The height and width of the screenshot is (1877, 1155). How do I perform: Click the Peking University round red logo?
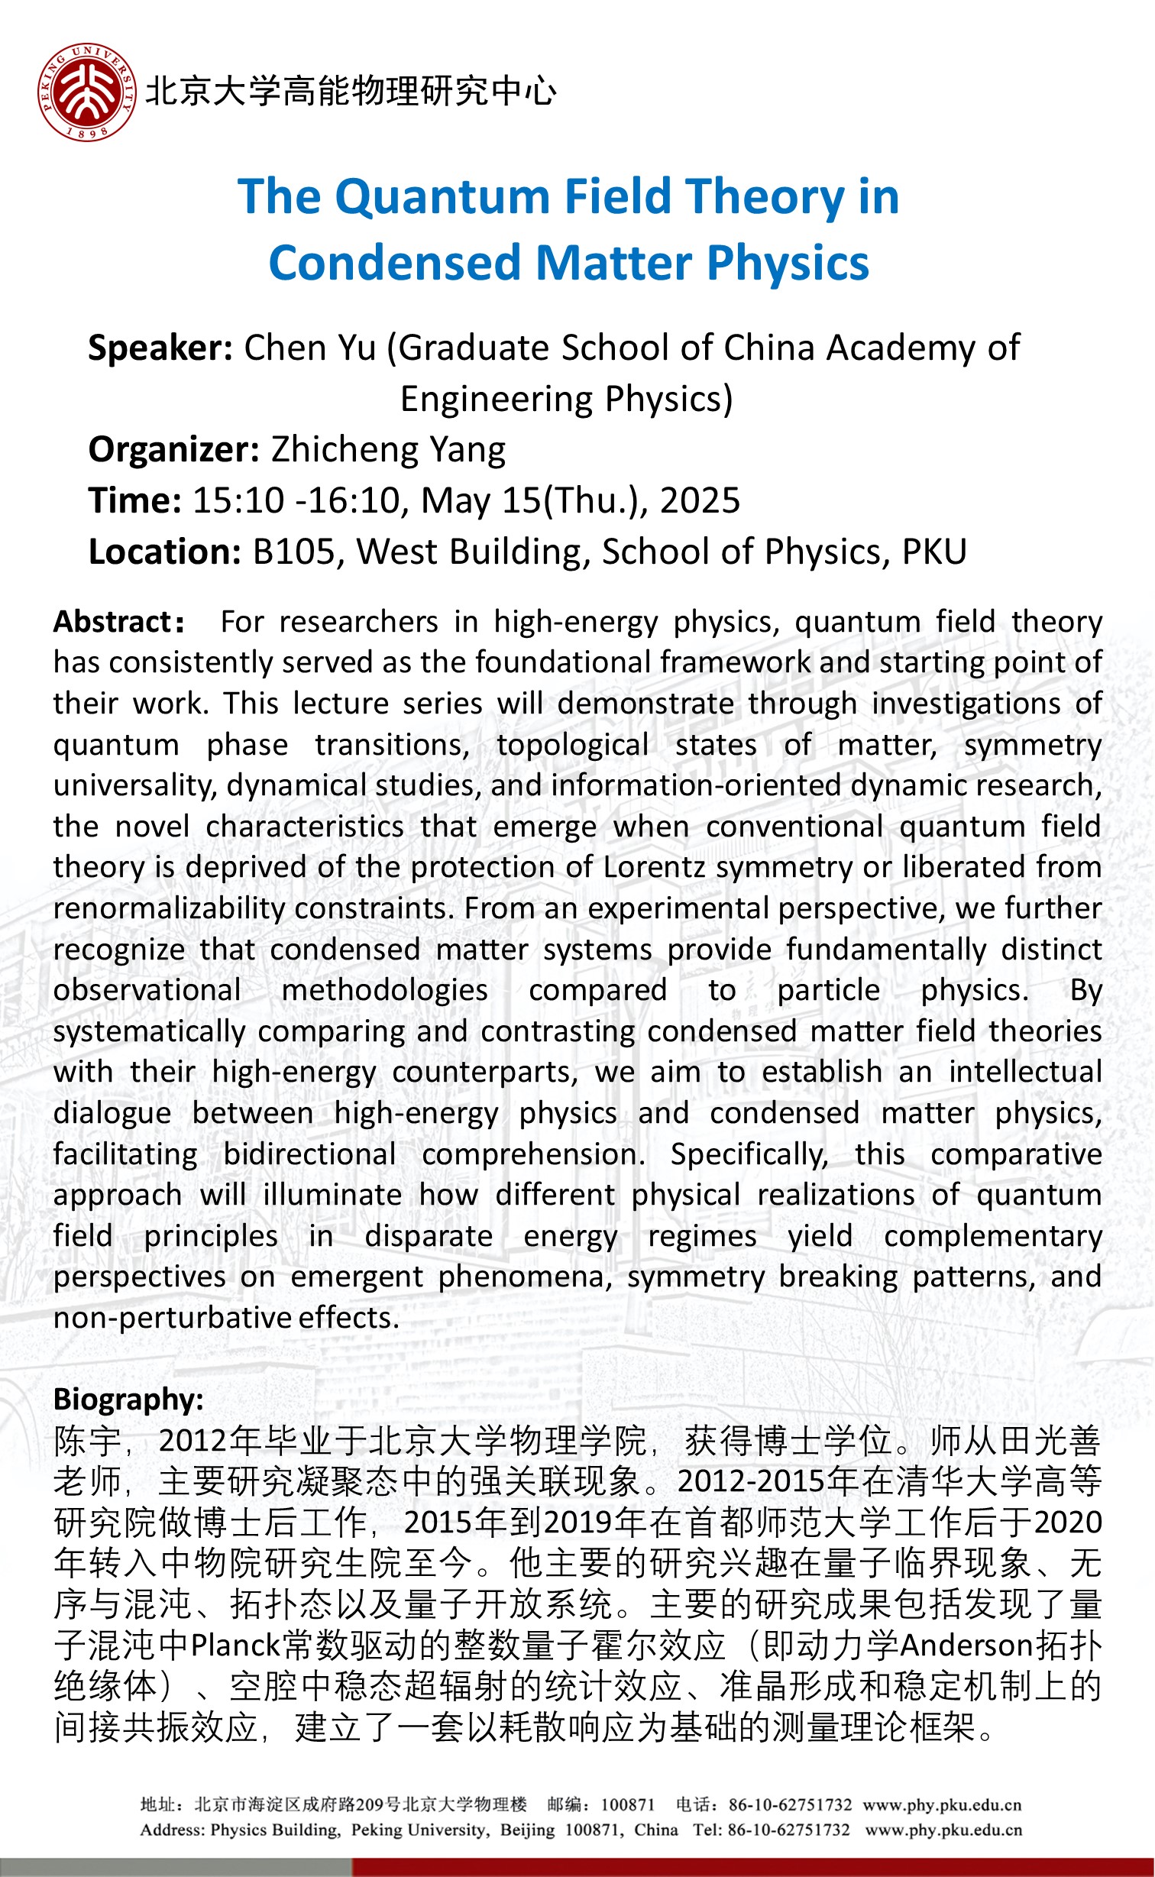[x=87, y=92]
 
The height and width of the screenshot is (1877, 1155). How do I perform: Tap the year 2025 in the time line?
[x=700, y=501]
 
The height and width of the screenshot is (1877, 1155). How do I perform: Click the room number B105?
[x=294, y=552]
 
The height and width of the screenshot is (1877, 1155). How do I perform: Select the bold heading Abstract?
[x=115, y=622]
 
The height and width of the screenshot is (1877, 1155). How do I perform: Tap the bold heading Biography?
[x=128, y=1400]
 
